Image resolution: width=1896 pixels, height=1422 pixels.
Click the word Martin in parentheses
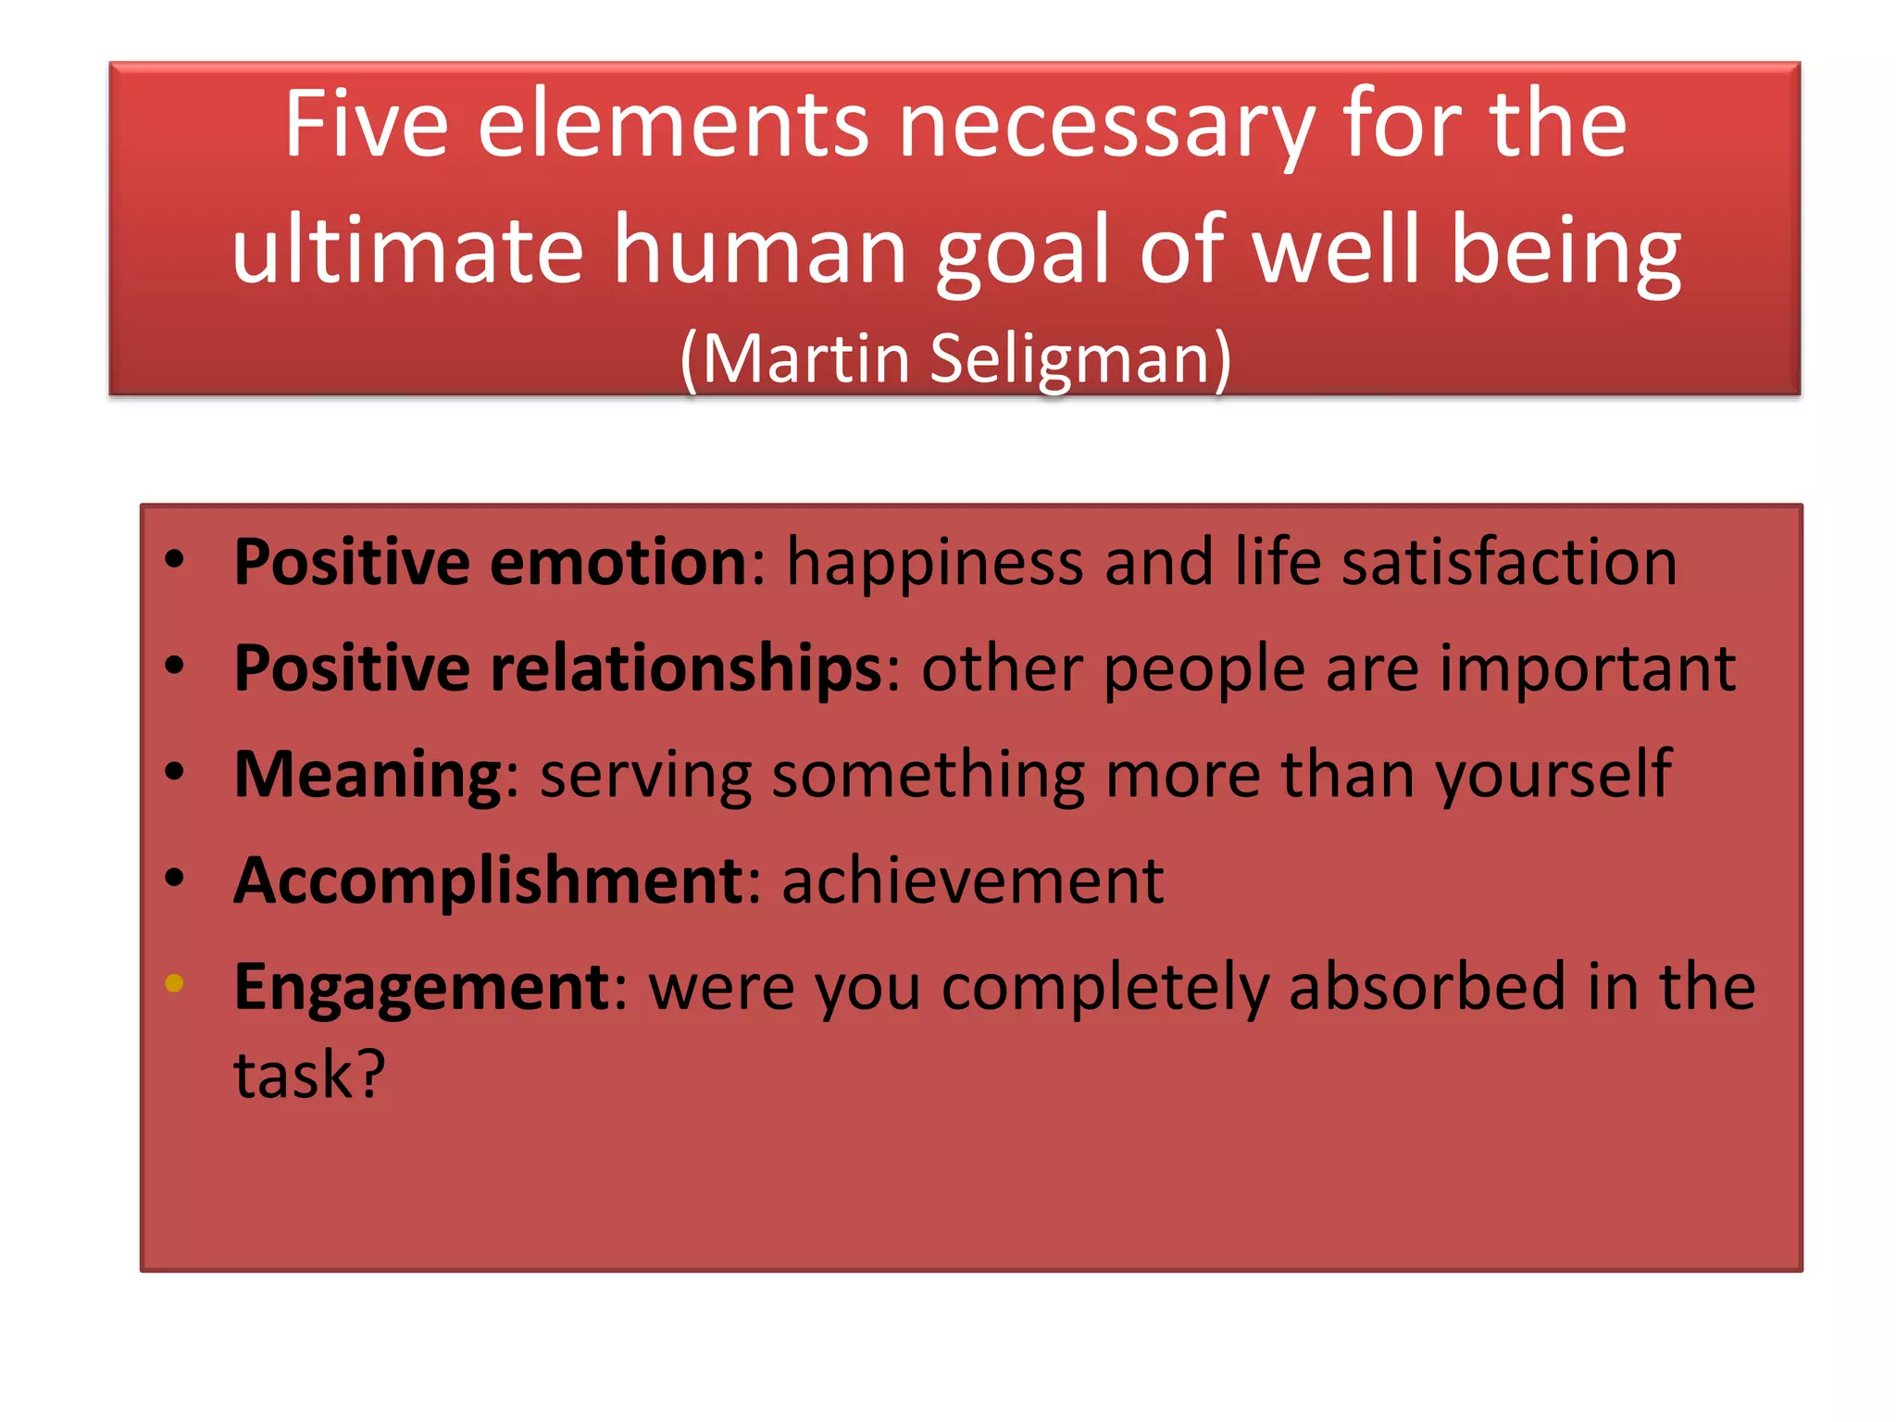(805, 358)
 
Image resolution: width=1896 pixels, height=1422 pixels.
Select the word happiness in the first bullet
(934, 563)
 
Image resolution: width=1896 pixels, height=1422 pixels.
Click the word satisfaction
(1509, 562)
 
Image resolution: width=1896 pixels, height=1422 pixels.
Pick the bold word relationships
(686, 668)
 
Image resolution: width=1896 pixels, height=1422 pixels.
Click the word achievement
(972, 880)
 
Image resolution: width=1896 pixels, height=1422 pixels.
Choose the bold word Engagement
(421, 988)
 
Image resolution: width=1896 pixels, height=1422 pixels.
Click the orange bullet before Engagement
(174, 983)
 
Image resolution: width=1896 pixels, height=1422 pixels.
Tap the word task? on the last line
(309, 1076)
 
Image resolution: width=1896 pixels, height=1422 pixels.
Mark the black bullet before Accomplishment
(174, 877)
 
